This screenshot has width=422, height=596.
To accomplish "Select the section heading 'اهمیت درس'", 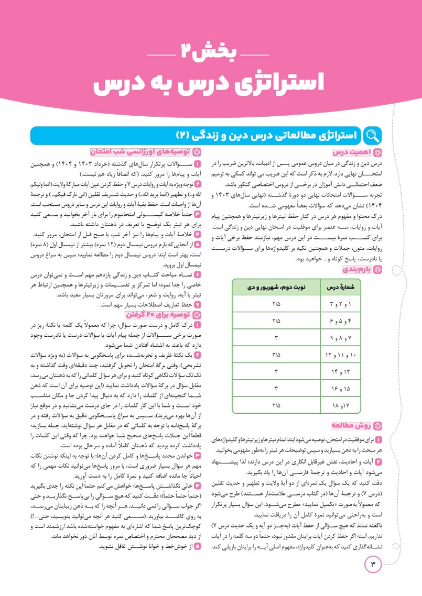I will click(x=357, y=153).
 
